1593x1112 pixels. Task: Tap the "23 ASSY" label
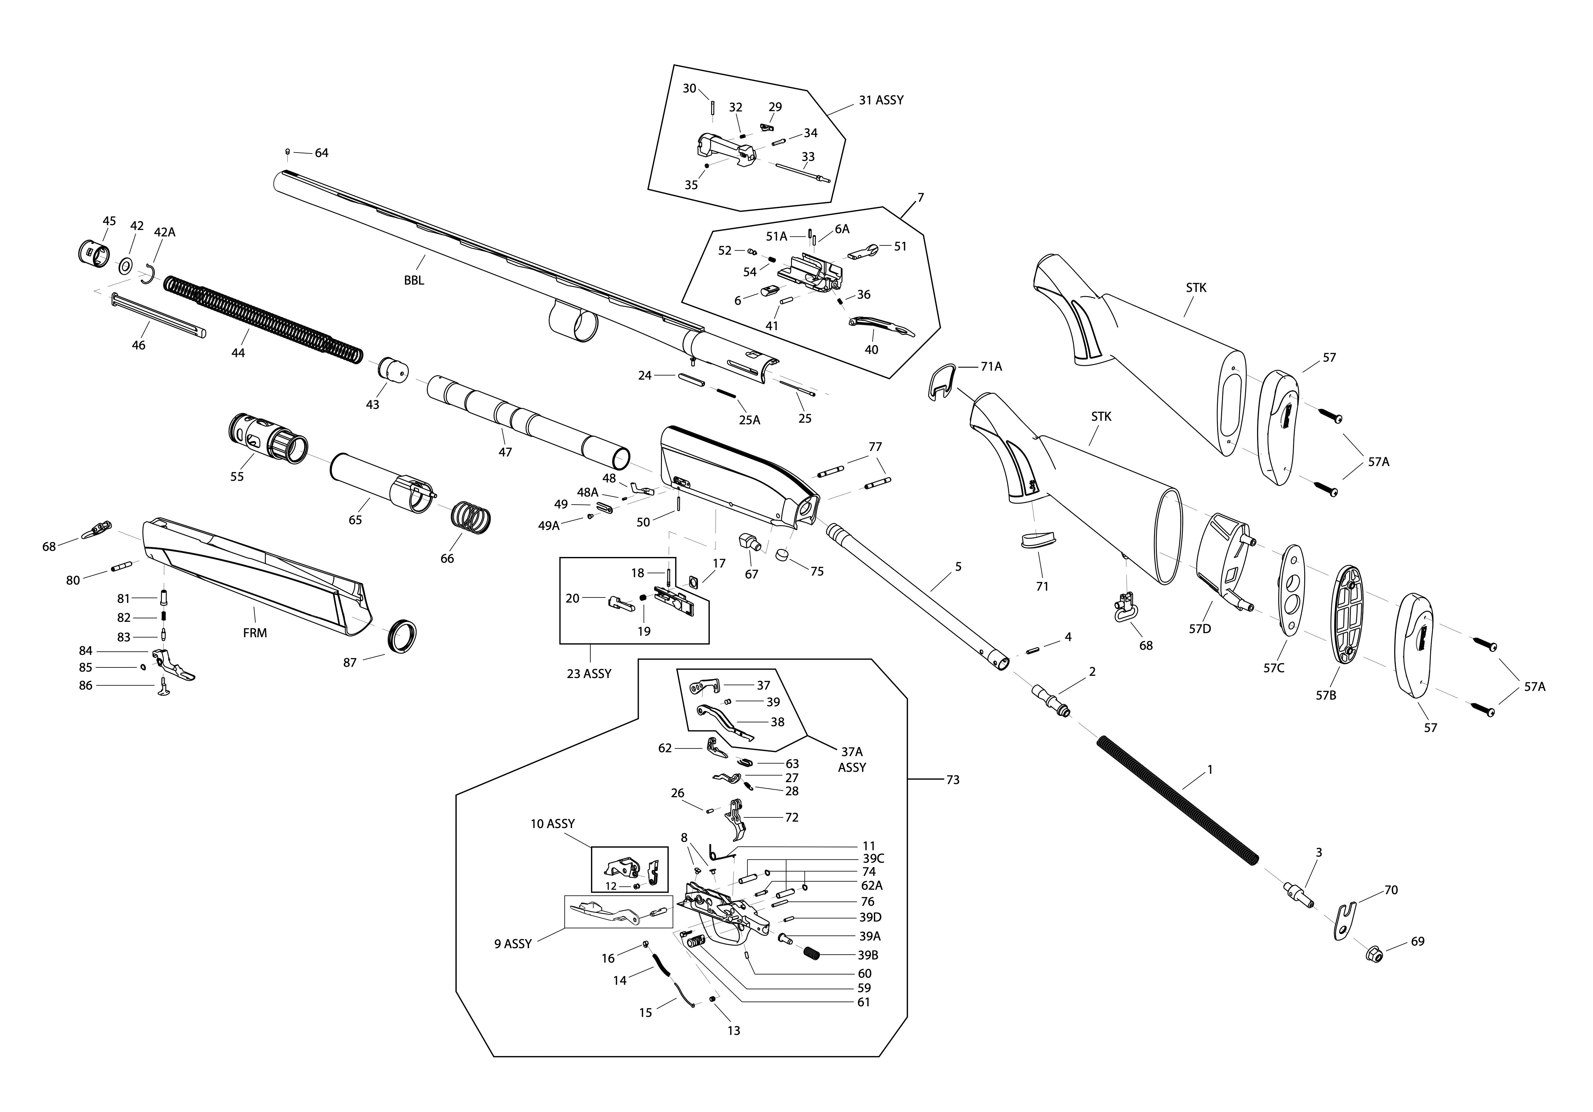point(589,674)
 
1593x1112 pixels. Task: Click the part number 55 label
point(237,477)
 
